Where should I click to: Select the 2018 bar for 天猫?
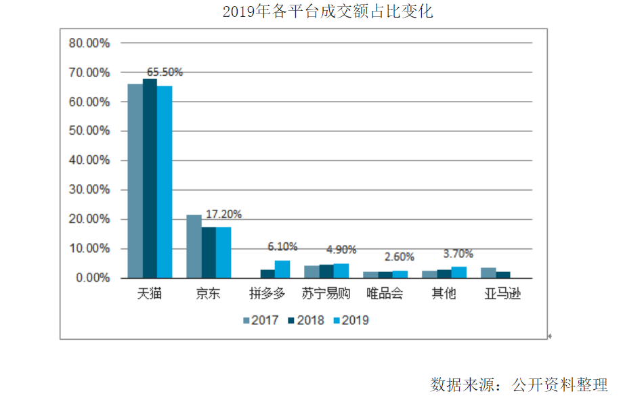(150, 179)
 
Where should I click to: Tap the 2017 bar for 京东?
(194, 246)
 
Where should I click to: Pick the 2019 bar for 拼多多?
(282, 269)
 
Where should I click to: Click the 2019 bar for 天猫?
(165, 182)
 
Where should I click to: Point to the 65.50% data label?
(165, 72)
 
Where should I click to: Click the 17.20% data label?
(223, 214)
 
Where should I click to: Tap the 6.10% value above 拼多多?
(282, 247)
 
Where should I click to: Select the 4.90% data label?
(341, 250)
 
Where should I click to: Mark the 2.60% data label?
(400, 257)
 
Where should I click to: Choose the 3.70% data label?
(458, 254)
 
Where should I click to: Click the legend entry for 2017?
(261, 320)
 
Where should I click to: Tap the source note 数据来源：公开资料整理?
(519, 384)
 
